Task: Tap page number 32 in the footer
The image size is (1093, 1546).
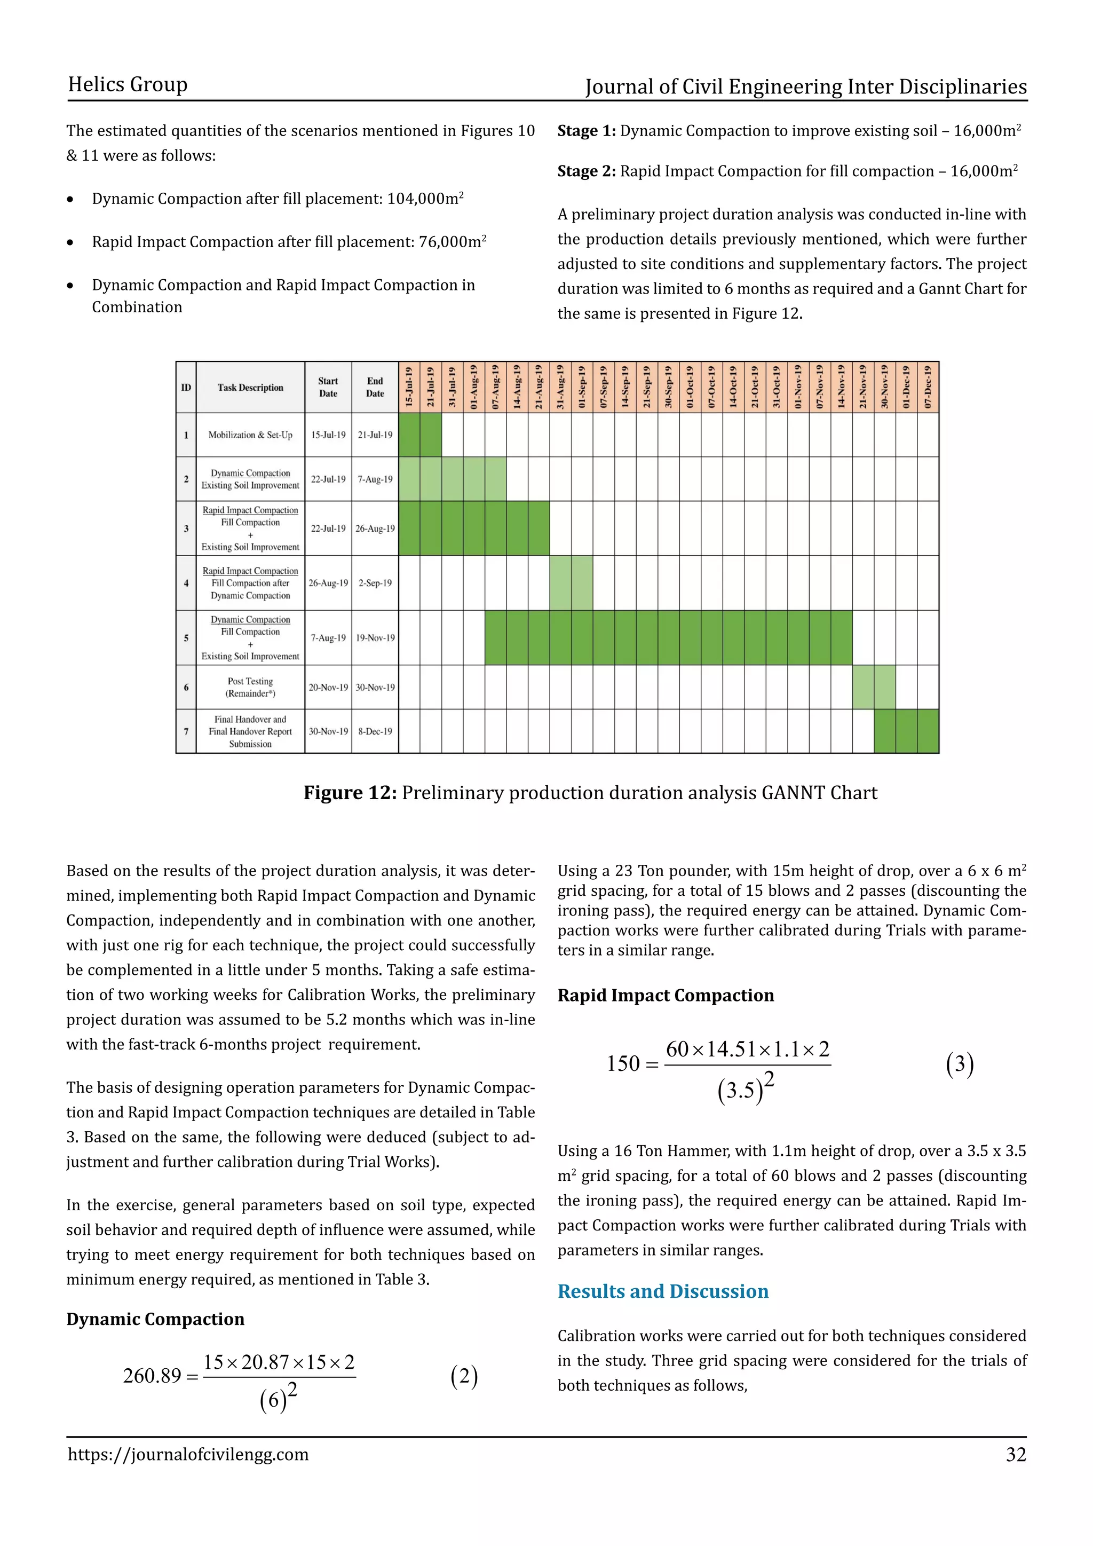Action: coord(1016,1454)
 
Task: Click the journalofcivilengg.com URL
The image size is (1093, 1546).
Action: coord(188,1454)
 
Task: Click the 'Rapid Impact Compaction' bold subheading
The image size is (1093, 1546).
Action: coord(665,995)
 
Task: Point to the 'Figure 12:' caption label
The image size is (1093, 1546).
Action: coord(350,793)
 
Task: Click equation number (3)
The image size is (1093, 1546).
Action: coord(959,1064)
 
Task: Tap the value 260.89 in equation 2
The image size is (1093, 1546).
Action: coord(152,1376)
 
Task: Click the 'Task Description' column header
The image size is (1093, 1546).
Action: coord(250,388)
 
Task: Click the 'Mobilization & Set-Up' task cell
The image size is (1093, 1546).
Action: coord(250,435)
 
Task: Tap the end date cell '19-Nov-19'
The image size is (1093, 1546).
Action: coord(375,637)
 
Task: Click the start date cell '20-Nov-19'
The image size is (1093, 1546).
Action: coord(328,688)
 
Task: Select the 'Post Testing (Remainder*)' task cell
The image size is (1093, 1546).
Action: coord(250,688)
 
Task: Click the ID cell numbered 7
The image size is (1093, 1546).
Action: coord(186,731)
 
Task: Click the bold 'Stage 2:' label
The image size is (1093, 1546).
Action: coord(586,172)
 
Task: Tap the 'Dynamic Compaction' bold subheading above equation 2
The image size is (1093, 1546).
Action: coord(155,1319)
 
